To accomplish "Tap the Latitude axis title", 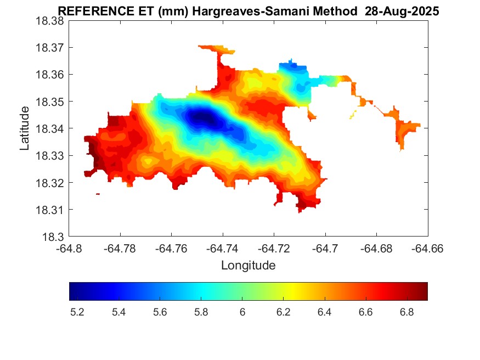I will tap(25, 128).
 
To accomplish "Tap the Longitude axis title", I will tap(248, 266).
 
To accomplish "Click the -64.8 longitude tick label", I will tap(70, 249).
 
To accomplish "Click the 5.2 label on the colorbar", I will tap(77, 312).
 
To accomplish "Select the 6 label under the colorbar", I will tap(242, 312).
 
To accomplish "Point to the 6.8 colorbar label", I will tap(406, 312).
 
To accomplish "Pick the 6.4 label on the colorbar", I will tap(324, 312).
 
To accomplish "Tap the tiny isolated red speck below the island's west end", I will tap(98, 194).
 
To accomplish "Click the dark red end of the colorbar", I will tap(423, 291).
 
